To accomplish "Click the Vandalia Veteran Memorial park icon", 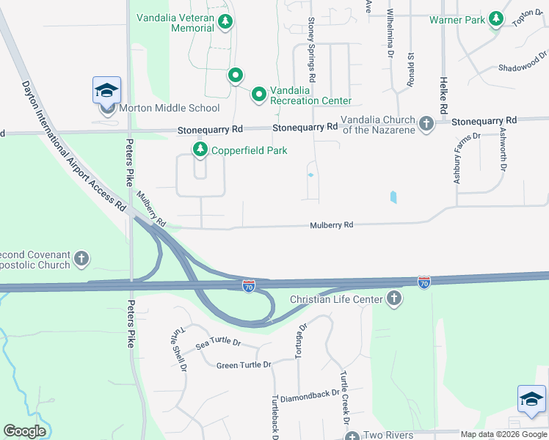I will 225,23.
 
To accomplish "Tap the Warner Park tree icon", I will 497,19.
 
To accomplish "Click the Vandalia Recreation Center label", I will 310,95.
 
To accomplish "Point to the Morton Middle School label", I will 169,109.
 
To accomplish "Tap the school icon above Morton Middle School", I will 107,90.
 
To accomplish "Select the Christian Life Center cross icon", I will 394,298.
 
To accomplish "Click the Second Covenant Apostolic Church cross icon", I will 81,259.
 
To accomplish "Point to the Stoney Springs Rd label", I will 312,49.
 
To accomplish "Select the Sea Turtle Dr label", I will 218,342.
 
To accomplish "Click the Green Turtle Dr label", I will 244,364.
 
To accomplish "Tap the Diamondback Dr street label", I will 309,393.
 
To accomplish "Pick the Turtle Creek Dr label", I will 343,397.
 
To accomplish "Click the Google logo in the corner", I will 24,431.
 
